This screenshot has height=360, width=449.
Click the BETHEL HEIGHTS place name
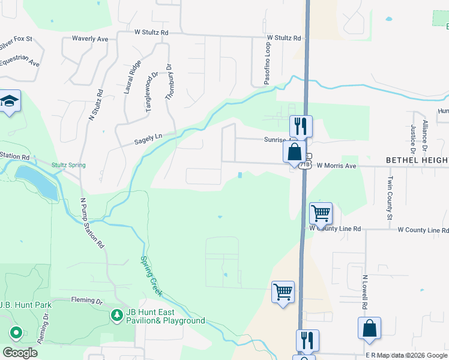tap(417, 160)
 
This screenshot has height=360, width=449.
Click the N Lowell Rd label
tap(364, 293)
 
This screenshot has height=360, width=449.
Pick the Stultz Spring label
tap(68, 165)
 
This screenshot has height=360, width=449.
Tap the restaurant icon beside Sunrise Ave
tap(301, 126)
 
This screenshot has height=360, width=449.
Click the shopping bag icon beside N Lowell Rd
tap(369, 328)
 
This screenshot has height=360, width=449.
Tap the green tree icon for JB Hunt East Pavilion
tap(116, 315)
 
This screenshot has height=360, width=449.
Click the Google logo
tap(20, 353)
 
